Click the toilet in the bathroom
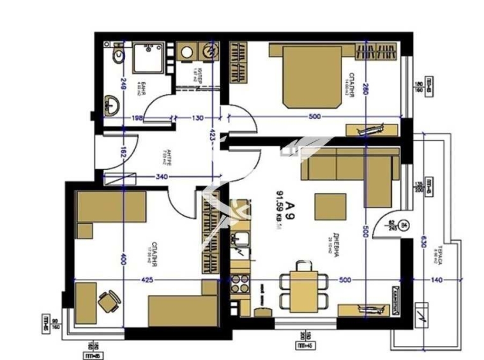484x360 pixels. (x=116, y=57)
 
